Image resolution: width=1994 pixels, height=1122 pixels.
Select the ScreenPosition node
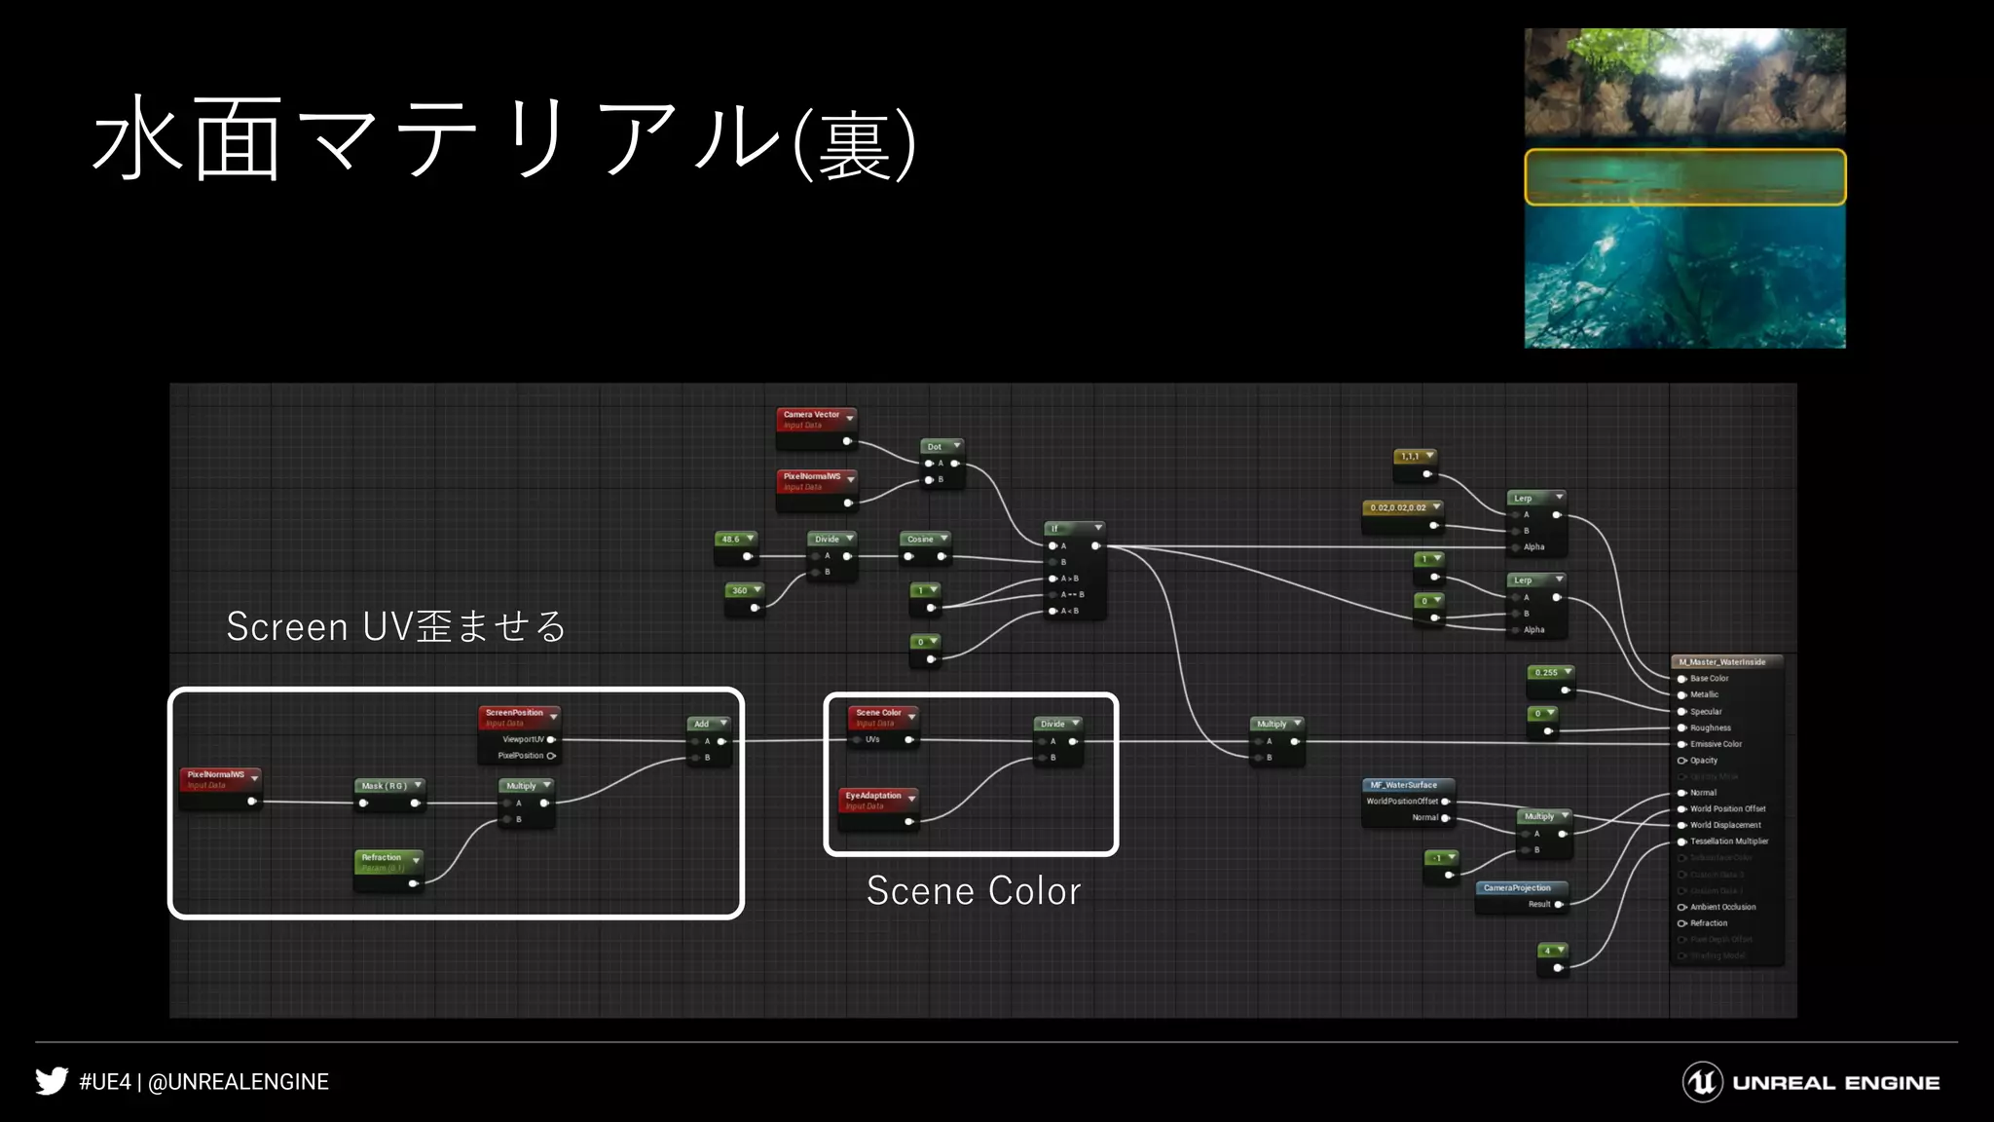tap(518, 714)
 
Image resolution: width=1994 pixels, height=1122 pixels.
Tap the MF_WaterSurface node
tap(1408, 786)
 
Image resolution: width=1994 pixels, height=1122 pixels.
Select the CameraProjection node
tap(1521, 889)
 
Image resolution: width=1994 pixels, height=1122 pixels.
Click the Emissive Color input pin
tap(1681, 744)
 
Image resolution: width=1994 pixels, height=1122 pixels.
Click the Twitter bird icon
tap(52, 1081)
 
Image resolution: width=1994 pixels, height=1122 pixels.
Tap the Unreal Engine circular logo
tap(1702, 1082)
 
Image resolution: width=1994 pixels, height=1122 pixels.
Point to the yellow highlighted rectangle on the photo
tap(1684, 177)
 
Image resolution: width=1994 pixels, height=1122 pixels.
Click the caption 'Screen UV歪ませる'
tap(396, 626)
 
